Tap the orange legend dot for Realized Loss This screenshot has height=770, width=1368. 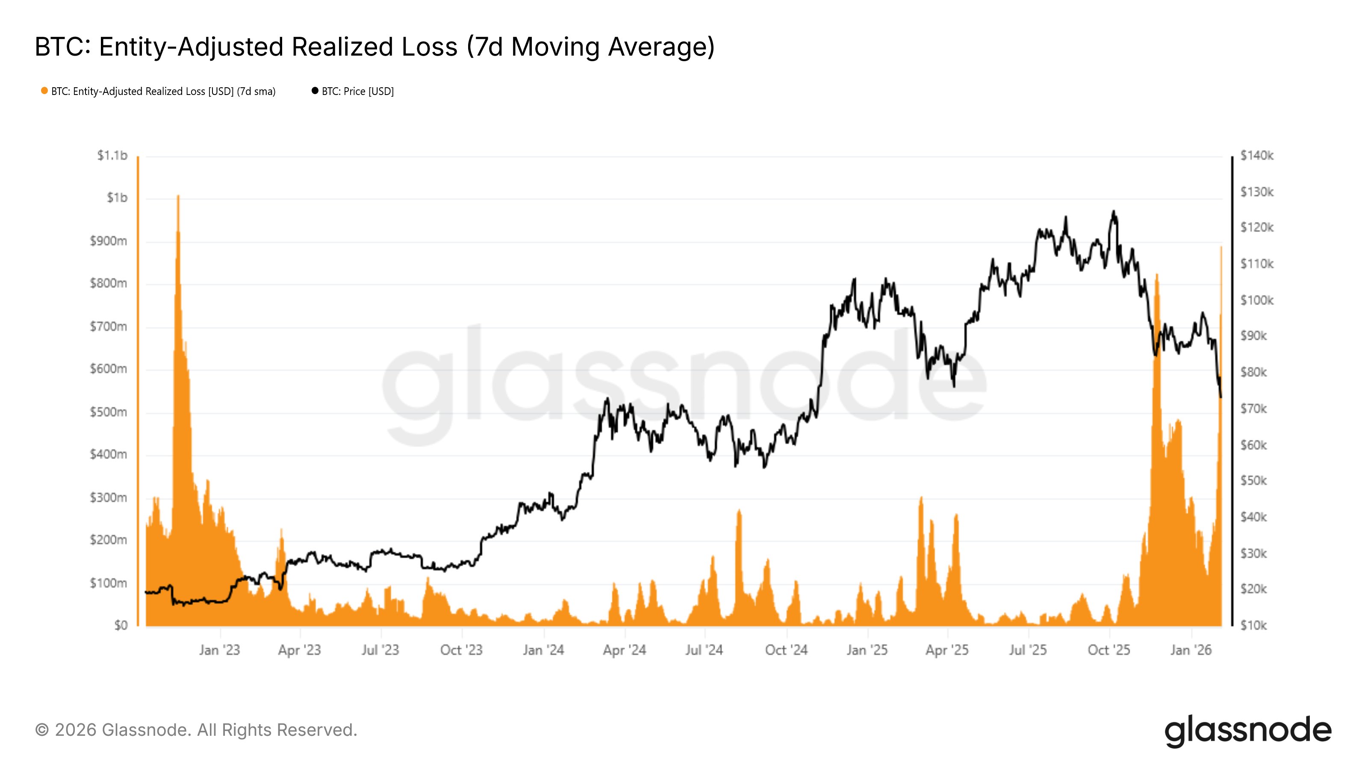[x=44, y=91]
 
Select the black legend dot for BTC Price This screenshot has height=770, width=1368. [x=315, y=91]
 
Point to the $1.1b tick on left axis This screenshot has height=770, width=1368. [x=112, y=155]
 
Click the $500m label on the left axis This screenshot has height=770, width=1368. [x=108, y=412]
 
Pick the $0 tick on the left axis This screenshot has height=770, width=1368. [x=121, y=625]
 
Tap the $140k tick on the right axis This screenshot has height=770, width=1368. [x=1256, y=155]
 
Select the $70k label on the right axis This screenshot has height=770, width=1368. [x=1253, y=409]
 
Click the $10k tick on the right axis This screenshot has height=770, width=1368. [x=1253, y=625]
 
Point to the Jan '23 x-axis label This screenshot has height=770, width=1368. [x=219, y=650]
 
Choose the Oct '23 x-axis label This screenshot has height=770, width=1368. [x=461, y=650]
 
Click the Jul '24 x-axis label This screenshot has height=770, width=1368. [x=704, y=650]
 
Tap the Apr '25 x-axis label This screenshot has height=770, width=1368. [x=947, y=650]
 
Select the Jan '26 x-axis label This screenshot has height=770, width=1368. [x=1191, y=650]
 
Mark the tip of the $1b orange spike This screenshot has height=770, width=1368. [x=178, y=195]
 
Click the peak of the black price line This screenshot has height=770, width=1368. [x=1114, y=211]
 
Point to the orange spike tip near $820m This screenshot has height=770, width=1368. [x=1157, y=275]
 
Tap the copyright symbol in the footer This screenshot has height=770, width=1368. [x=41, y=730]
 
